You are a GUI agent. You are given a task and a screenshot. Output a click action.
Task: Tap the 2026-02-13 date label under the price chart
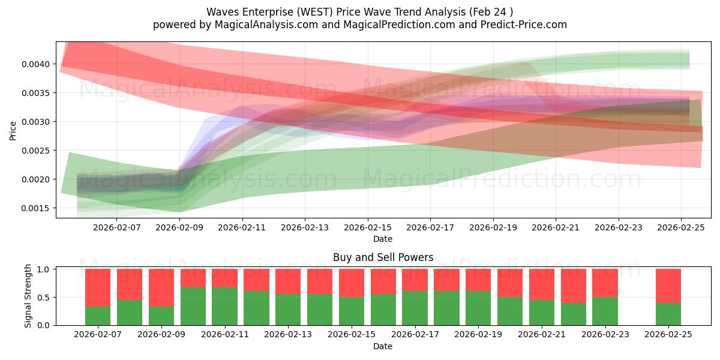pyautogui.click(x=305, y=227)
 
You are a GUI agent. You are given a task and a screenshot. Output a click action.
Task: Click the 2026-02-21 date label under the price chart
pyautogui.click(x=556, y=227)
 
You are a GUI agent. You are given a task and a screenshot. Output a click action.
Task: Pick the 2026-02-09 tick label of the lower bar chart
pyautogui.click(x=161, y=335)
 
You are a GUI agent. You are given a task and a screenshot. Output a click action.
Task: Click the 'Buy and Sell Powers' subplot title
pyautogui.click(x=383, y=257)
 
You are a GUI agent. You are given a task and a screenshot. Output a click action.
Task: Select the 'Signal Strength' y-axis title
pyautogui.click(x=28, y=296)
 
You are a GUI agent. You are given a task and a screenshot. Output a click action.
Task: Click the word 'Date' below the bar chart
pyautogui.click(x=383, y=346)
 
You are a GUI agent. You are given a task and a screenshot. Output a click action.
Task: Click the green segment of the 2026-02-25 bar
pyautogui.click(x=668, y=314)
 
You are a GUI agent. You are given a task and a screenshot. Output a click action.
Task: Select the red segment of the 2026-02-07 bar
pyautogui.click(x=98, y=287)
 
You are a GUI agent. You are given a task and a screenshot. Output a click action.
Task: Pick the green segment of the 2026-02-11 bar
pyautogui.click(x=224, y=306)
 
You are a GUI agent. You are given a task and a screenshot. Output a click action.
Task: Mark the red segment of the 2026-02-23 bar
pyautogui.click(x=605, y=283)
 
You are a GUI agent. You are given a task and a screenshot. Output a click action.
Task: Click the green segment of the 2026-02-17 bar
pyautogui.click(x=415, y=308)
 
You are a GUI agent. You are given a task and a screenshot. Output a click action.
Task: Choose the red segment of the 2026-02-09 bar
pyautogui.click(x=161, y=287)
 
